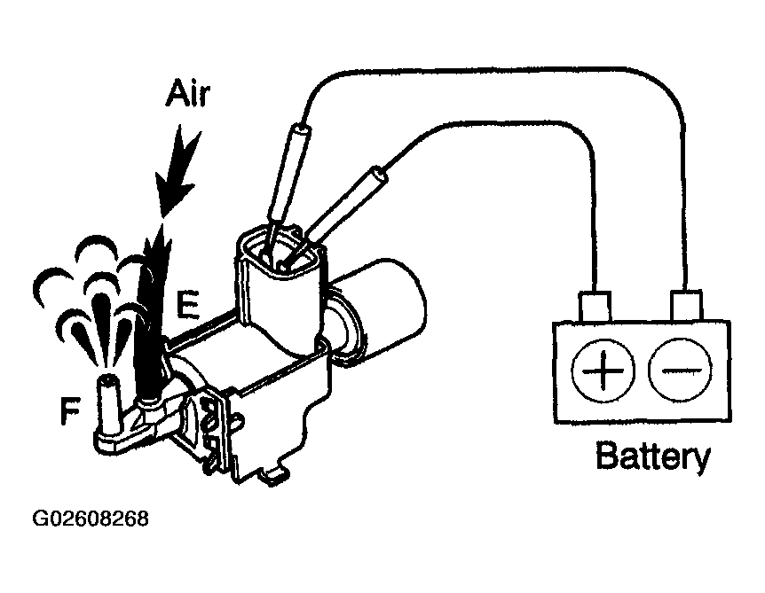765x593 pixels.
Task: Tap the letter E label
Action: (186, 304)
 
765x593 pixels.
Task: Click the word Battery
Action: (653, 456)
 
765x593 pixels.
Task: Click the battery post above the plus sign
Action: (595, 305)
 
